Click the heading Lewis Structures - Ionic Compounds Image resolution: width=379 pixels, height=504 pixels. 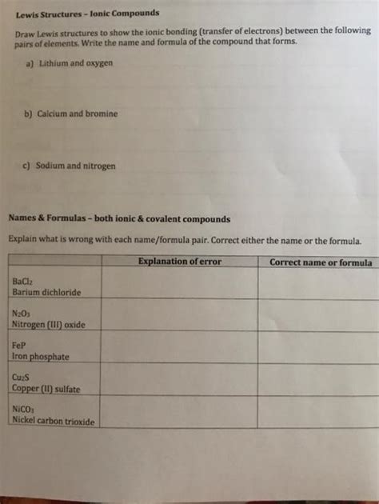click(x=85, y=14)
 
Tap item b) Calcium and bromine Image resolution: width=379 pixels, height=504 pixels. click(x=70, y=114)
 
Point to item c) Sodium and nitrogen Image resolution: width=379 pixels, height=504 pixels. click(x=70, y=166)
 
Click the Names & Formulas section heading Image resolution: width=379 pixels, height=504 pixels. click(x=119, y=218)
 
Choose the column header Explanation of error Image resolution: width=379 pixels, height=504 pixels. click(x=180, y=262)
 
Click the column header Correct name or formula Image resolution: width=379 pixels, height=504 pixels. click(x=320, y=262)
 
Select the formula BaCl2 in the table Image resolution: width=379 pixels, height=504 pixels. click(x=23, y=282)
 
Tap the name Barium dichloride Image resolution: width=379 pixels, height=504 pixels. click(x=46, y=293)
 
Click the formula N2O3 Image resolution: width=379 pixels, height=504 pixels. click(x=22, y=314)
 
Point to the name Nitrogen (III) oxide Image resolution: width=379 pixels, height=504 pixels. click(x=48, y=325)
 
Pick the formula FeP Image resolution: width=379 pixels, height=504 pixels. click(x=19, y=346)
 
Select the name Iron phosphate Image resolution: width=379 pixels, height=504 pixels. click(x=41, y=357)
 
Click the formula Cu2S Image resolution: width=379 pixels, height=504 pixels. click(x=22, y=378)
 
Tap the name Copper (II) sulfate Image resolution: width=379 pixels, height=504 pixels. click(x=46, y=389)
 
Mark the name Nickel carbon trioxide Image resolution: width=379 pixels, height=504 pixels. click(x=53, y=421)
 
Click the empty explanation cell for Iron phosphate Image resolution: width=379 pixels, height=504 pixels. click(x=180, y=347)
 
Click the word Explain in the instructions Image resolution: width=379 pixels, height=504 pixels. click(x=24, y=239)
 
